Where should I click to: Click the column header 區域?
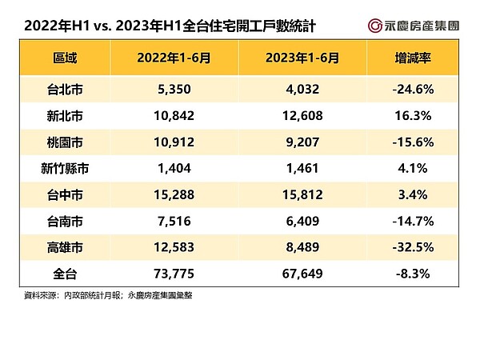click(x=67, y=58)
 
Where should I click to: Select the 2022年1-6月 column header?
click(x=175, y=58)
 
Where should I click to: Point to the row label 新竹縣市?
click(x=67, y=169)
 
